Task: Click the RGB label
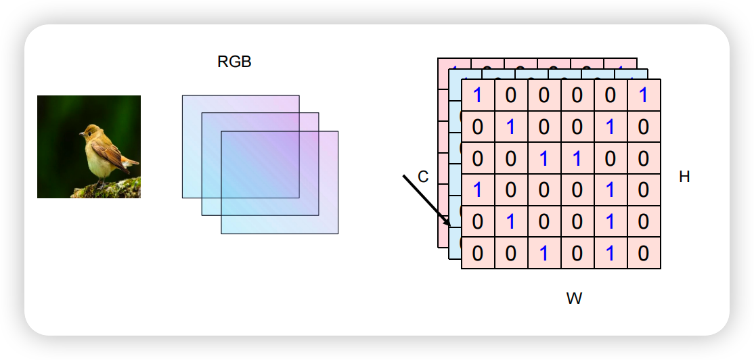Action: tap(234, 62)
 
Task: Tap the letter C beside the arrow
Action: tap(423, 177)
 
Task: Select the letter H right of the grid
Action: tap(684, 177)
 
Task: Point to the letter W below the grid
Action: tap(574, 298)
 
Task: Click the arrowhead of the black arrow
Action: tap(448, 224)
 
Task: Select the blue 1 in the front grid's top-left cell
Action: tap(478, 95)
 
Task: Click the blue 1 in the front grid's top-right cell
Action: tap(644, 95)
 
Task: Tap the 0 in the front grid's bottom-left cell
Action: tap(478, 254)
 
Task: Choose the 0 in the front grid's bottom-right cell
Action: tap(644, 254)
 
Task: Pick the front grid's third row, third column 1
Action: tap(544, 159)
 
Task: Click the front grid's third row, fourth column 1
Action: tap(577, 159)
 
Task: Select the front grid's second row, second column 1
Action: tap(511, 127)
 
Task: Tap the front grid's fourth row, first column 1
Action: tap(478, 190)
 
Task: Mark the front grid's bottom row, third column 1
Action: tap(544, 254)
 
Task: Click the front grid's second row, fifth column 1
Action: tap(611, 127)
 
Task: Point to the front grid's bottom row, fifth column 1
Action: tap(611, 254)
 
